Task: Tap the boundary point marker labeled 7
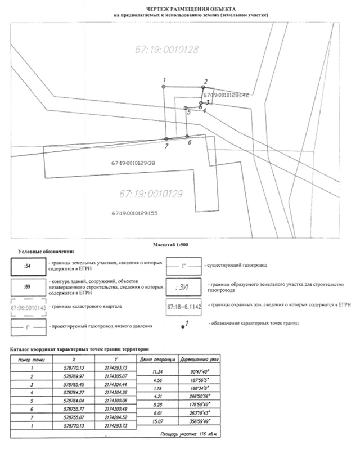tap(166, 138)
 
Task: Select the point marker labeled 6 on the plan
tap(187, 136)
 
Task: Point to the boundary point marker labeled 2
tap(204, 87)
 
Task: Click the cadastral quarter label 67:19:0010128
tap(167, 50)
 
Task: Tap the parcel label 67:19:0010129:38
tap(133, 163)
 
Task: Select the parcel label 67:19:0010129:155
tap(134, 213)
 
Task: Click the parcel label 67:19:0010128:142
tap(227, 96)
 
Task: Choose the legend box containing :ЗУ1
tap(182, 286)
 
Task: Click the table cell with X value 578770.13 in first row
tap(75, 366)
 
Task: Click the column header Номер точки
tap(30, 358)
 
